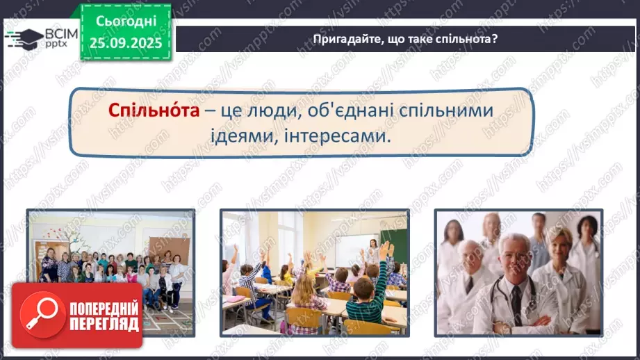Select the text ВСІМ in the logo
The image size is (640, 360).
(x=61, y=32)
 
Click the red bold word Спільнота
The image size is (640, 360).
(x=153, y=112)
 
